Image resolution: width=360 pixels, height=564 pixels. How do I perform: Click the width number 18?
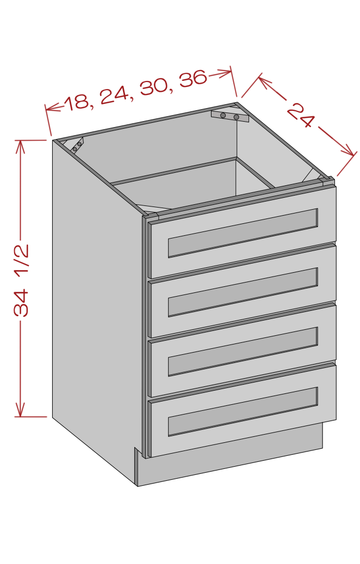(x=77, y=102)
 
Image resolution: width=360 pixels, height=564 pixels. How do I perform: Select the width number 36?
(x=193, y=78)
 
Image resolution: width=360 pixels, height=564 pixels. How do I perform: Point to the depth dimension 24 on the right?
(x=301, y=115)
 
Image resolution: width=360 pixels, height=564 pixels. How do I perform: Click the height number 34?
(x=21, y=303)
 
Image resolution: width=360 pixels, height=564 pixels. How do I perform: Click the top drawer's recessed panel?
(x=243, y=233)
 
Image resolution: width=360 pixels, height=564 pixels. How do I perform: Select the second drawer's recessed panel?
(x=243, y=292)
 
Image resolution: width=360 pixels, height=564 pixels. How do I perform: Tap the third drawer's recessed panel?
(x=243, y=352)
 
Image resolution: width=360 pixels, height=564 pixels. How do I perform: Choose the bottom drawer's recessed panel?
(x=243, y=411)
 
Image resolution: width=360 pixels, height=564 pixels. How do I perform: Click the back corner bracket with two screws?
(x=229, y=116)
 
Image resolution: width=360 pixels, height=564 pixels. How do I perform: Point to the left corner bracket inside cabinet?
(x=77, y=145)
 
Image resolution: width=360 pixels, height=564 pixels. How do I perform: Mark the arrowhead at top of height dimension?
(x=20, y=145)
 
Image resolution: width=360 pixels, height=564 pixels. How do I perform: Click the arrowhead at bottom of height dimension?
(x=20, y=411)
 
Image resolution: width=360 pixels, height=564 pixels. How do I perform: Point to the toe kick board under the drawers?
(x=231, y=454)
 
